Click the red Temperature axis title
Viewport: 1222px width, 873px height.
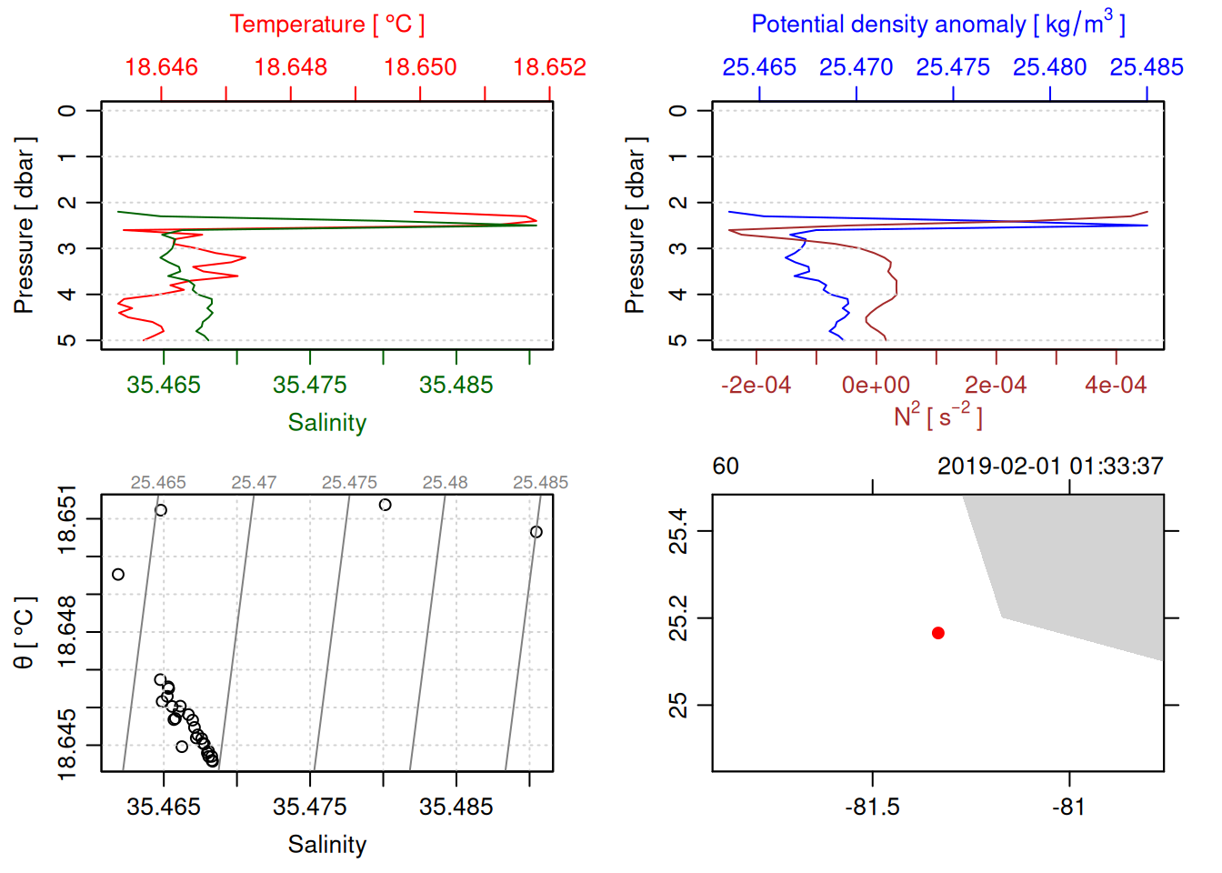327,25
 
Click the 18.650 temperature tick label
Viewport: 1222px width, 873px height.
420,67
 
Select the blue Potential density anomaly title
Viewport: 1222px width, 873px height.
938,24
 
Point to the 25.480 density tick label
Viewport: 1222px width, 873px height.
1049,67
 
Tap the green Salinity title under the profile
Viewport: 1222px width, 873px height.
327,423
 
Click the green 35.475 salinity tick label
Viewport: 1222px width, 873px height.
309,386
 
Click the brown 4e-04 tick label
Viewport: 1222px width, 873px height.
1116,386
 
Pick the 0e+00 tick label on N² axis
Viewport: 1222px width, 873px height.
876,386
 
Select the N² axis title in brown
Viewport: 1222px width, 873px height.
938,416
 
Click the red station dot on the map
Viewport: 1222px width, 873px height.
938,633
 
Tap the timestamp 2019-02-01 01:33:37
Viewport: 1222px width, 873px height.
1050,467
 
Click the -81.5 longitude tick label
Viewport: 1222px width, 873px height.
872,808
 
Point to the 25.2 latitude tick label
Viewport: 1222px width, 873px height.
678,618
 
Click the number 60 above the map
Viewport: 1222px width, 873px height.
726,467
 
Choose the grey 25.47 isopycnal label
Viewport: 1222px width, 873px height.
254,483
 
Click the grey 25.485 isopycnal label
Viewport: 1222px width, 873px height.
540,483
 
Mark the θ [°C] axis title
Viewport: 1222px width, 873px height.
24,633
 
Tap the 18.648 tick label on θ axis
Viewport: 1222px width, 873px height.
67,631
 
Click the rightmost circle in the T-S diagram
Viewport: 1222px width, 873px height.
536,532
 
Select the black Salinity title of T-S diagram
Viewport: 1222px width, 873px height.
327,845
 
